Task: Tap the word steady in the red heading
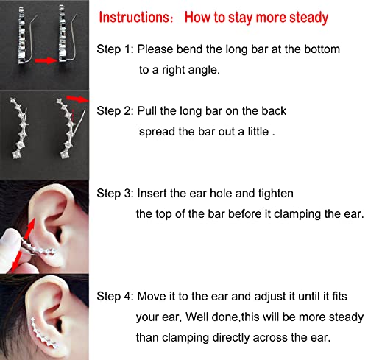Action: coord(308,18)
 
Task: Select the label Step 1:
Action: coord(115,49)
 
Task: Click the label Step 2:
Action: coord(115,111)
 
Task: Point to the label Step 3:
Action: coord(115,194)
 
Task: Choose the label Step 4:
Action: coord(115,296)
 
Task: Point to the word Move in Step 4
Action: coord(151,296)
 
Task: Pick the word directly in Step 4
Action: coord(231,338)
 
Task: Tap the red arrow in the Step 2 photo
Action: coord(78,99)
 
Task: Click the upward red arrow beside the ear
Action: coord(29,229)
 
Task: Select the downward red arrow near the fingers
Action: coord(17,261)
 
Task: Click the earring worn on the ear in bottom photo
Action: coord(44,333)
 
